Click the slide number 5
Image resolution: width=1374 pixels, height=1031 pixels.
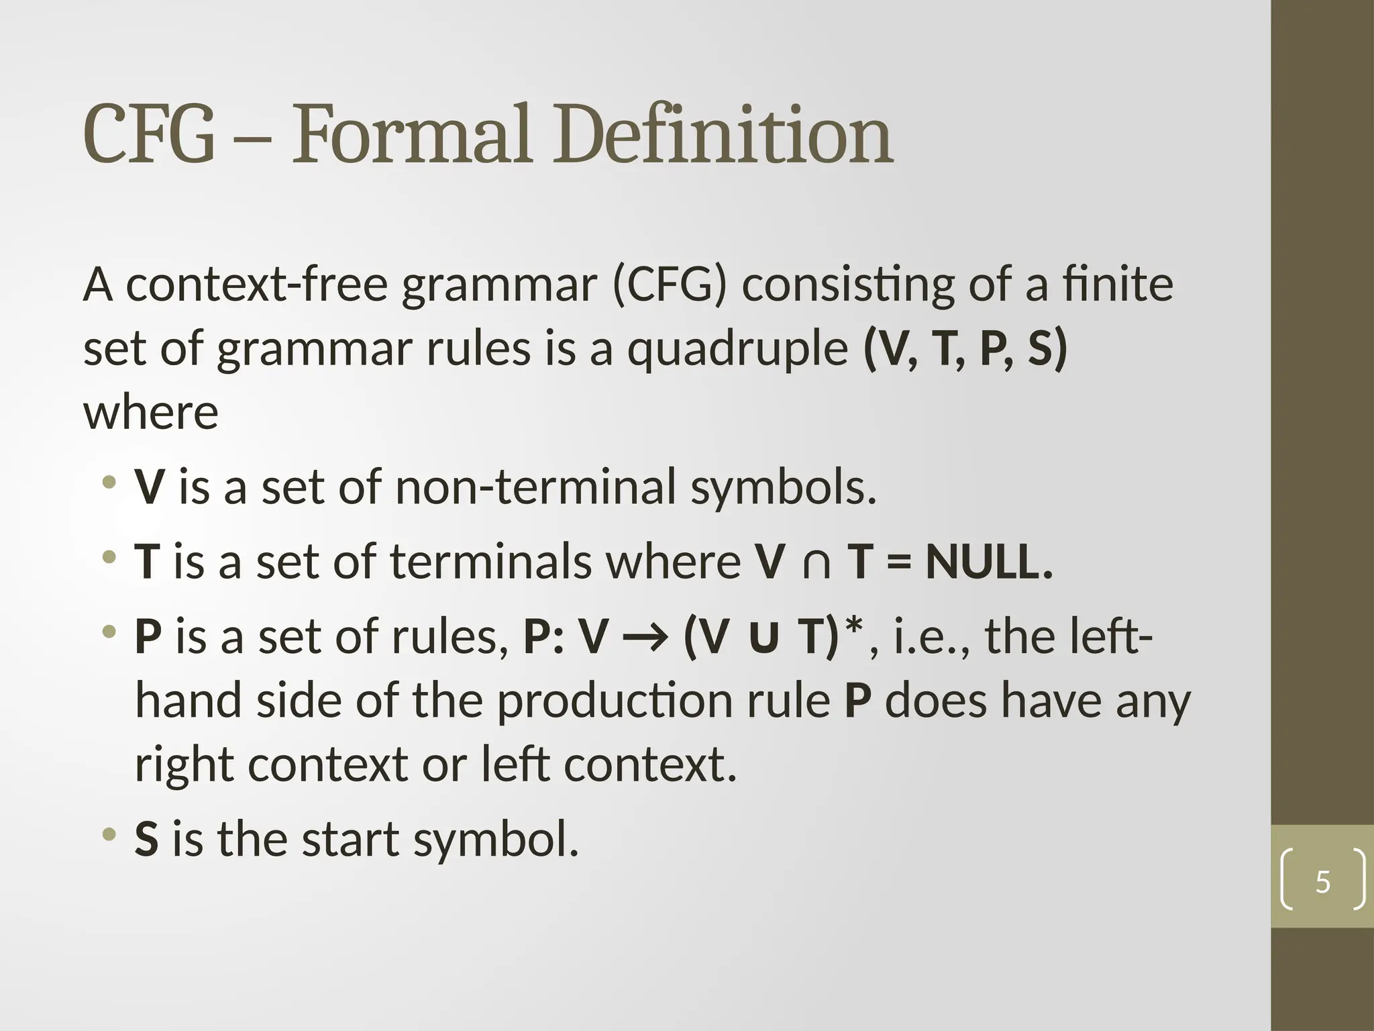[x=1322, y=882]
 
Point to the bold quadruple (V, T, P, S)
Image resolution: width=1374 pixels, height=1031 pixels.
[x=965, y=349]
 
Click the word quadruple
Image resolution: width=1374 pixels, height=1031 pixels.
[x=737, y=350]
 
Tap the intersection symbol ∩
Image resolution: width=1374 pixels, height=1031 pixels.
[x=816, y=562]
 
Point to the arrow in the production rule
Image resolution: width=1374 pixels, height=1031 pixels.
[x=645, y=638]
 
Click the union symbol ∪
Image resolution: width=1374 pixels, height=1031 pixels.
[x=764, y=638]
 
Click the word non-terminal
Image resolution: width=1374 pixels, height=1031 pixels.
[x=535, y=487]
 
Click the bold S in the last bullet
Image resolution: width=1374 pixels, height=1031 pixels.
[x=147, y=839]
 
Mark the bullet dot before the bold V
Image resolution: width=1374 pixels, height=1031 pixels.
[x=109, y=482]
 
